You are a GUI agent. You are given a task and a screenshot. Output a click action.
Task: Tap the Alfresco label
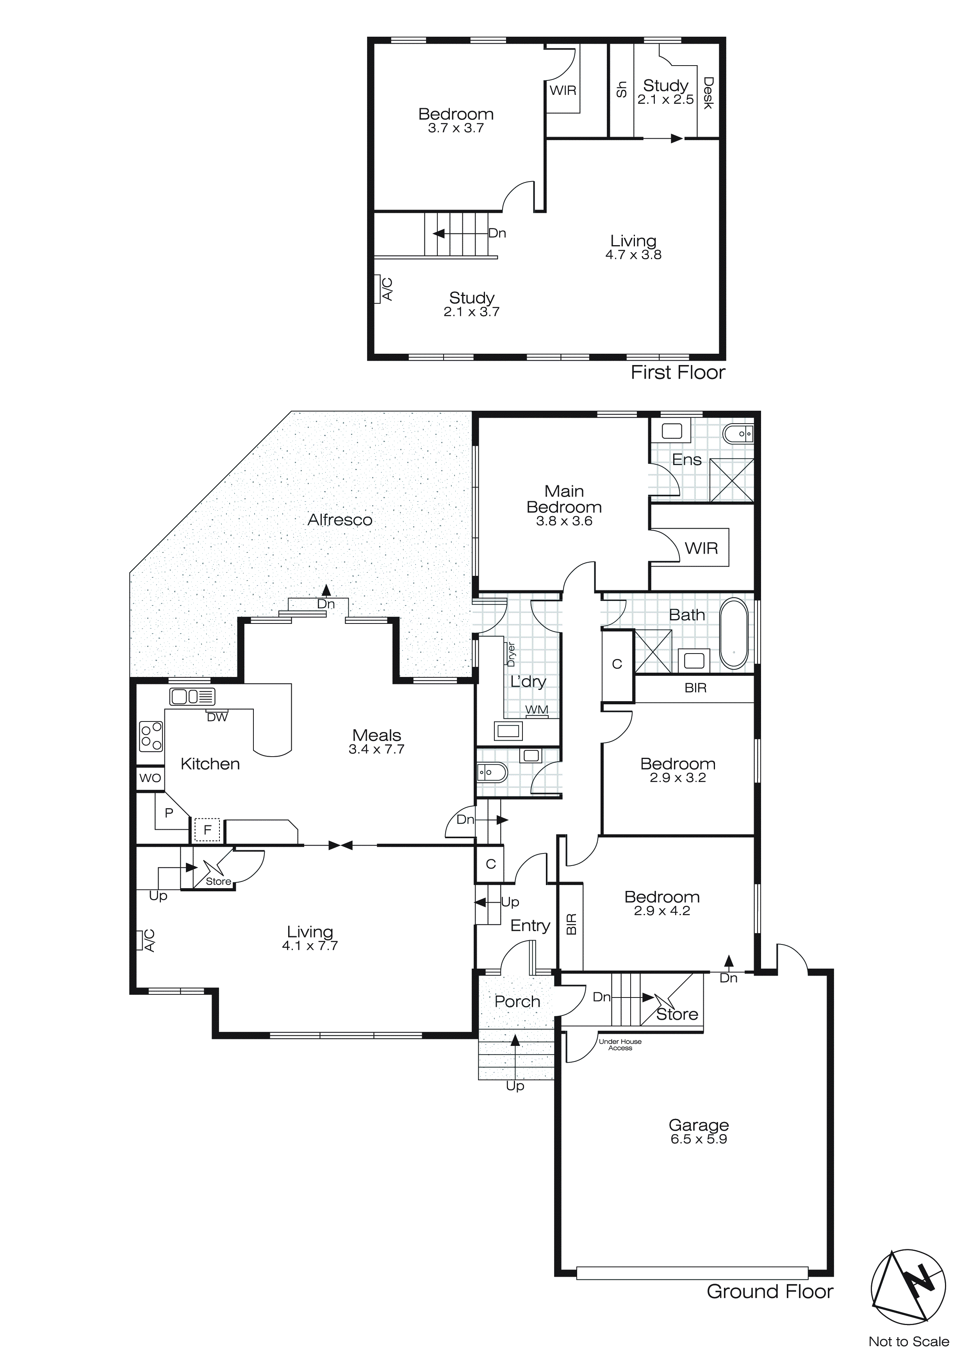coord(340,520)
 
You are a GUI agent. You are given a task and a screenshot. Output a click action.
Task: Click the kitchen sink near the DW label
coord(192,696)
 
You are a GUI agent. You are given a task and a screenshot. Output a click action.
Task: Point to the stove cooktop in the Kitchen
coord(151,736)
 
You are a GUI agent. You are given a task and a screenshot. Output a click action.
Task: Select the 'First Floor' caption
coord(678,373)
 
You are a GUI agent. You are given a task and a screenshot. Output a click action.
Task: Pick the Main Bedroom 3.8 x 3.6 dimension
coord(564,521)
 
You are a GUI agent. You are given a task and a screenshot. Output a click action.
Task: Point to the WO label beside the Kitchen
coord(150,778)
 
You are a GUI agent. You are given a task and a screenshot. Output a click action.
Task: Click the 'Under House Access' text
coord(620,1044)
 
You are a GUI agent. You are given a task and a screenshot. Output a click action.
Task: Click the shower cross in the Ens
coord(731,480)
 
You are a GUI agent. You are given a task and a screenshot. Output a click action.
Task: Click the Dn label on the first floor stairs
coord(497,233)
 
